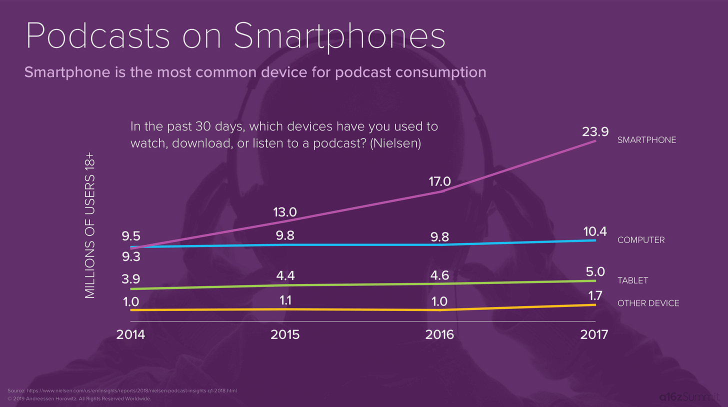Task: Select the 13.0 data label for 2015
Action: (x=285, y=212)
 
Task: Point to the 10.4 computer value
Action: (x=594, y=231)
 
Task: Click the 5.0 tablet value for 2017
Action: (x=595, y=271)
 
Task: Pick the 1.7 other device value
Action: (x=595, y=295)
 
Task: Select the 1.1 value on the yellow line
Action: (x=285, y=300)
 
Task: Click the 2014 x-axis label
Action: (x=130, y=334)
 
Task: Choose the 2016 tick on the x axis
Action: (x=439, y=334)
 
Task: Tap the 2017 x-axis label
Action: (x=594, y=334)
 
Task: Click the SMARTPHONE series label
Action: (x=646, y=140)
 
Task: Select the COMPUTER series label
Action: (x=641, y=240)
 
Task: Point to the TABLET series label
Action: (x=632, y=280)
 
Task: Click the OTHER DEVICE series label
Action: (x=648, y=303)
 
